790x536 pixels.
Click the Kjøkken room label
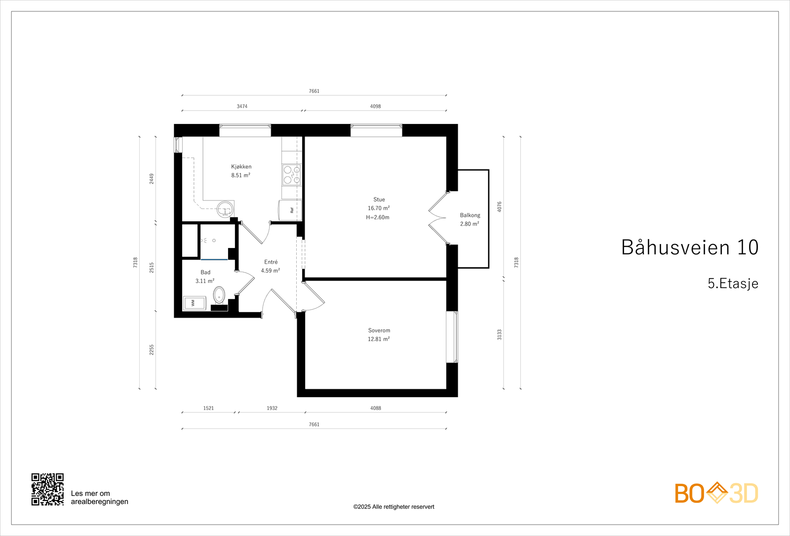[x=241, y=166]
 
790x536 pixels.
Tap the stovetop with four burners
[x=291, y=175]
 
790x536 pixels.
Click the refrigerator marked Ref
[x=290, y=210]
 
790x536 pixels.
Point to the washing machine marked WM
[x=194, y=303]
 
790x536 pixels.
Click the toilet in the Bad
[x=219, y=295]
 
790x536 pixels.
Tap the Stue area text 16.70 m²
[x=379, y=208]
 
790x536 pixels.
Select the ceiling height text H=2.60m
[x=378, y=217]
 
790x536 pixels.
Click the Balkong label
[x=470, y=215]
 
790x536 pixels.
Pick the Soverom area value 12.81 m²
[x=379, y=339]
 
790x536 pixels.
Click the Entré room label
[x=271, y=262]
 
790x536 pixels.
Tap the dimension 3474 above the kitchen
[x=242, y=106]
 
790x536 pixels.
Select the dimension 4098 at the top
[x=375, y=106]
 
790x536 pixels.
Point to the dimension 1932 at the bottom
[x=272, y=408]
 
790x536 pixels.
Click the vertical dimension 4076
[x=499, y=206]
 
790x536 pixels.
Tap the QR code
[x=47, y=489]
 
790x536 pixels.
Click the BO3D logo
[x=716, y=493]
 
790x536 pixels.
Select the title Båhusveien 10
[x=689, y=247]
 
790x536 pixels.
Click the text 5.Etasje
[x=733, y=284]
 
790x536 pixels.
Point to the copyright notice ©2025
[x=394, y=507]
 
